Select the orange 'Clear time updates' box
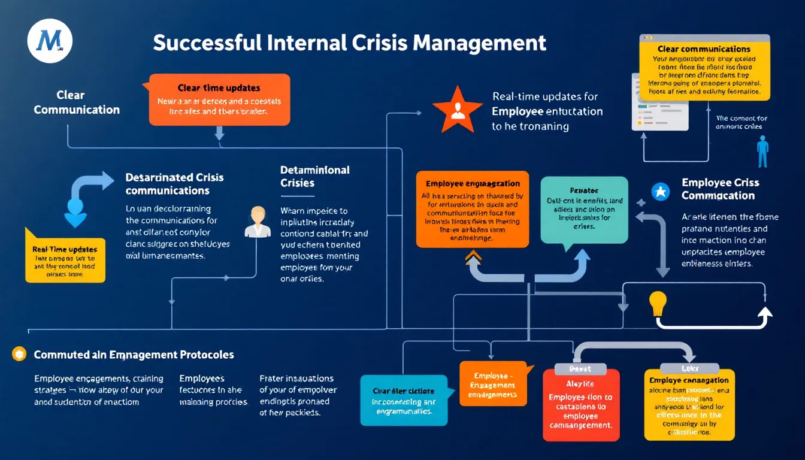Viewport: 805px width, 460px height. point(219,99)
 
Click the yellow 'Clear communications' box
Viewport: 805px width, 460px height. point(704,71)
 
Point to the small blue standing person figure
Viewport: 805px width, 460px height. point(762,151)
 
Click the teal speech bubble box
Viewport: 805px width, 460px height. point(583,209)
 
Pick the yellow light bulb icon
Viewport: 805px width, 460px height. point(658,303)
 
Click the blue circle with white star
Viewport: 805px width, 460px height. point(659,191)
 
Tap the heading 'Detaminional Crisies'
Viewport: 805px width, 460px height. point(314,176)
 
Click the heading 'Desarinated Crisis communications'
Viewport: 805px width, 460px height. point(174,184)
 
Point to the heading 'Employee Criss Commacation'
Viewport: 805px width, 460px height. point(720,189)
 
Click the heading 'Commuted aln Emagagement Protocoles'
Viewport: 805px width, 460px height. point(134,355)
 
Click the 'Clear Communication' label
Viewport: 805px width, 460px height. point(77,102)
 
